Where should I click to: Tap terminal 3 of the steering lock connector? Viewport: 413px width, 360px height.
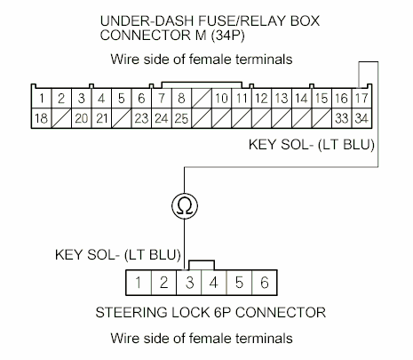pyautogui.click(x=190, y=284)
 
